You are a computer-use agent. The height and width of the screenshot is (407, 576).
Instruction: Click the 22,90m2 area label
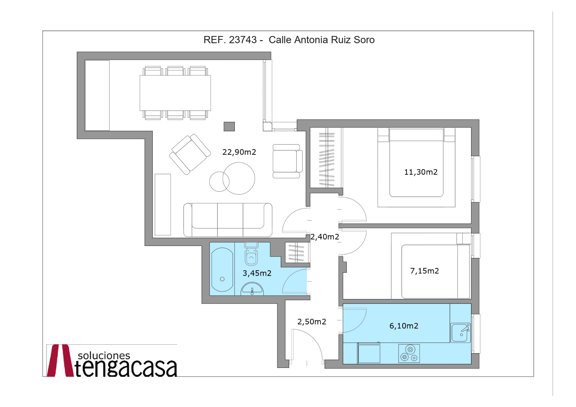239,152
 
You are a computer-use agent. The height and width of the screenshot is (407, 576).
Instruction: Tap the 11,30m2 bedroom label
421,172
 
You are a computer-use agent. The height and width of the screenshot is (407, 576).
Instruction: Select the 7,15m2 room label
424,271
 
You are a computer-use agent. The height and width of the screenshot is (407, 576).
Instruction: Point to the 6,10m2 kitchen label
403,326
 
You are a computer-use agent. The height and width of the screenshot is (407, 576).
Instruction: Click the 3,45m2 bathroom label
257,273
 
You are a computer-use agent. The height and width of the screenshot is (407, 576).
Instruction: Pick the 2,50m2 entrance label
311,322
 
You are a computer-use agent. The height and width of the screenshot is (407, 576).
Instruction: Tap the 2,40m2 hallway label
325,237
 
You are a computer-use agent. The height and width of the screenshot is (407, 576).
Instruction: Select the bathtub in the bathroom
222,269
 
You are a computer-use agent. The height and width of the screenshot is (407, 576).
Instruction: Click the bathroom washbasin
252,289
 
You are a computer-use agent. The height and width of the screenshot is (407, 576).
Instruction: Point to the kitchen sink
460,332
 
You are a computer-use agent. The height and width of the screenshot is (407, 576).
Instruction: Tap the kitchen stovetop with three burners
409,353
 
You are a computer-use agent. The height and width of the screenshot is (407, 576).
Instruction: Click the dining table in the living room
175,93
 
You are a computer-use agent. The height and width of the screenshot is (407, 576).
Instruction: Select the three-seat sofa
228,220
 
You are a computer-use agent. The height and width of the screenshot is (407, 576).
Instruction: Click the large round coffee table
239,178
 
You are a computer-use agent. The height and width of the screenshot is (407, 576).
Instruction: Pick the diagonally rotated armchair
190,154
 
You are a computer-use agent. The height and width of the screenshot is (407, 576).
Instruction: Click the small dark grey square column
229,126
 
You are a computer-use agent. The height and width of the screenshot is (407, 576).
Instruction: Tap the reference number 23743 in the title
243,40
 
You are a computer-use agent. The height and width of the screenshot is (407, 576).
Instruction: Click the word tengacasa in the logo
126,368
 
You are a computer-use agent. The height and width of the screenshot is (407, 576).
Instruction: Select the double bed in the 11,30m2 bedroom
416,163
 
